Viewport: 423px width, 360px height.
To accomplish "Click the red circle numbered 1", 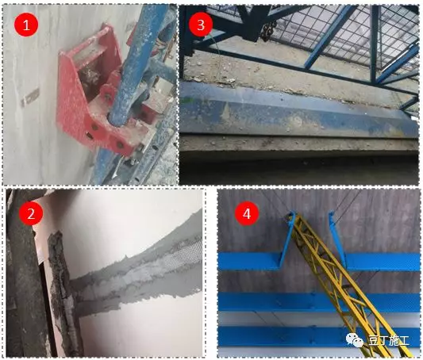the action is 26,25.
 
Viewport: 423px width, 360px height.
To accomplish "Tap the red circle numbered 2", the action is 31,213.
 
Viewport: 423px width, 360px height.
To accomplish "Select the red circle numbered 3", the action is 201,25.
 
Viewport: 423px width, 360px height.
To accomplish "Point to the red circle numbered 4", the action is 247,213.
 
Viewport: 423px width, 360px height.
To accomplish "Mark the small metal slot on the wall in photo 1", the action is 30,97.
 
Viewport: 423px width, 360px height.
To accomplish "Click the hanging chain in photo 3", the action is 267,31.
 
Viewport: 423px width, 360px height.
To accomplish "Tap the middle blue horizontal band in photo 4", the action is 318,302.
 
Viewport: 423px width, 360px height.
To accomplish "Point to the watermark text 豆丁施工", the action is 388,341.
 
